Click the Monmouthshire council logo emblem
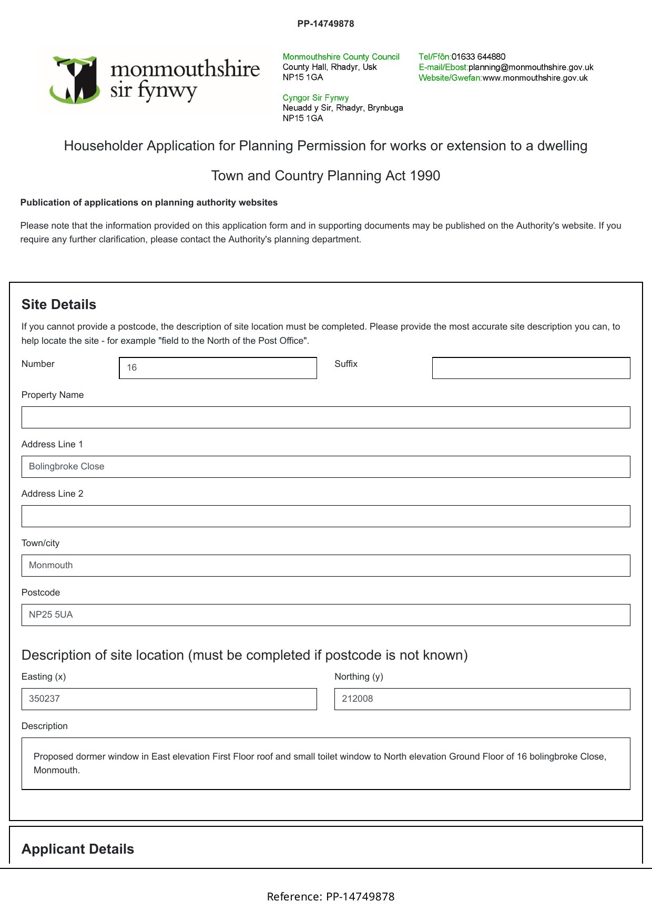coord(76,80)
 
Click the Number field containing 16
coord(218,368)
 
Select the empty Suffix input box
coord(531,368)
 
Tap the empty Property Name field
coord(325,417)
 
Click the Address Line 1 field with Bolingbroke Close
coord(325,467)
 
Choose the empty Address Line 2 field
coord(325,516)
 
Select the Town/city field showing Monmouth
coord(325,566)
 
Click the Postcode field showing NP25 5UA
coord(325,615)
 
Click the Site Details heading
coord(59,305)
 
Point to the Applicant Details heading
coord(78,849)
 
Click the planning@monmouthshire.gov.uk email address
coord(531,67)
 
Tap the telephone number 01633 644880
coord(478,57)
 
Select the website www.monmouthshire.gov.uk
coord(535,78)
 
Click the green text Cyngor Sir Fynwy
coord(315,98)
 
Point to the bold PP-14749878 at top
coord(325,24)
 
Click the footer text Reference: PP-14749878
coord(330,897)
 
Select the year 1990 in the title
coord(425,176)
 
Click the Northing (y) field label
coord(359,677)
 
